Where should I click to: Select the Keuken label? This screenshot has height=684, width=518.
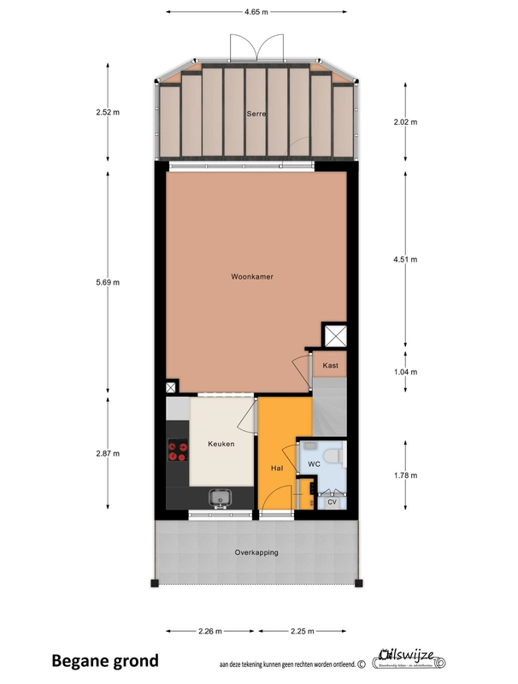[x=221, y=444]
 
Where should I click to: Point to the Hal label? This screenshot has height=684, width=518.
[x=276, y=469]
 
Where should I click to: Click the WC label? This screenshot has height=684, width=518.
[x=314, y=463]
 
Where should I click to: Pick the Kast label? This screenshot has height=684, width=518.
[x=331, y=365]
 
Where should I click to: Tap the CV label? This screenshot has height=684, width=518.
[x=332, y=503]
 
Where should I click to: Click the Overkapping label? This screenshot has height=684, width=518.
[x=256, y=552]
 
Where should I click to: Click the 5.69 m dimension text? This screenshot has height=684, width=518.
[x=109, y=282]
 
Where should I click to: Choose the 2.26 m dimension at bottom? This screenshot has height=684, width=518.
[x=209, y=632]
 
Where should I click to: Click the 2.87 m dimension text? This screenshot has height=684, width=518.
[x=109, y=453]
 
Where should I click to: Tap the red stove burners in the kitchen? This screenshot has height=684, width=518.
[x=178, y=451]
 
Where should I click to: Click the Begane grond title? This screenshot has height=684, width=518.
[x=105, y=660]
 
